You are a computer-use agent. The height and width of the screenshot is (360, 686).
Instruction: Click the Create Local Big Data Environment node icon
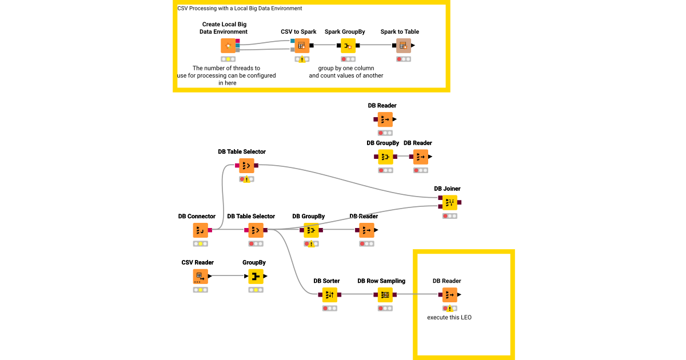pos(228,46)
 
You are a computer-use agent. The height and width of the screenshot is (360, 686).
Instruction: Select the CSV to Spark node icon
pos(302,46)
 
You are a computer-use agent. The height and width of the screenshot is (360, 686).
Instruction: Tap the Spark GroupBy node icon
pos(348,46)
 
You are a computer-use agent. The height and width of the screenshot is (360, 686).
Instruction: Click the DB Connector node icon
pos(200,230)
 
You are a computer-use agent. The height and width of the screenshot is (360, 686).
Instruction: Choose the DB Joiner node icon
pos(449,202)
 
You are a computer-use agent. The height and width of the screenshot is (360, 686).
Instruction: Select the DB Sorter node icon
pos(329,295)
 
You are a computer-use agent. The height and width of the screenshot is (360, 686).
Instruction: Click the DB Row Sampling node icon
pos(385,295)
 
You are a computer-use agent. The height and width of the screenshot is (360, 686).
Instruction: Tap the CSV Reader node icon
pos(200,277)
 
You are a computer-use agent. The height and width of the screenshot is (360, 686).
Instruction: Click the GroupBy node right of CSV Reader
pos(256,277)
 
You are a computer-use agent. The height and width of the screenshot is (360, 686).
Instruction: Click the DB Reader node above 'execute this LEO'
pos(449,295)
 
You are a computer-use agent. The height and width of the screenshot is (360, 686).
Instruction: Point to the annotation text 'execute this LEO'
pos(449,317)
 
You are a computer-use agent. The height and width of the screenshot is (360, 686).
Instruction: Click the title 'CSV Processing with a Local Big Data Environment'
pos(240,9)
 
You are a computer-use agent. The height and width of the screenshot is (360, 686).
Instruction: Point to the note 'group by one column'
pos(346,68)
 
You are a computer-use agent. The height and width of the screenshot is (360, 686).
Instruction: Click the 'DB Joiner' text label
pos(447,189)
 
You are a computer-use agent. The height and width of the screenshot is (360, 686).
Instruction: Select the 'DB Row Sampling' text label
pos(381,281)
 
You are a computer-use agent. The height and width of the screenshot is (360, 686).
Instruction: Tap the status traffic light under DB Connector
pos(200,244)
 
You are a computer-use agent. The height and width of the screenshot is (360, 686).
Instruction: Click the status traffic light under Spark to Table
pos(404,59)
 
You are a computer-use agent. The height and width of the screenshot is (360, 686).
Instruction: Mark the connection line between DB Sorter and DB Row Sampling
pos(357,295)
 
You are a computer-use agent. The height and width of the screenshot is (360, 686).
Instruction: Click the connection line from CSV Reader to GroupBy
pos(229,277)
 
